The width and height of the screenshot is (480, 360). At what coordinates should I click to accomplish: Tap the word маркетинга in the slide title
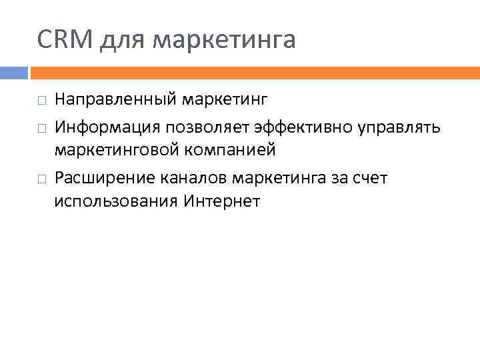click(x=224, y=41)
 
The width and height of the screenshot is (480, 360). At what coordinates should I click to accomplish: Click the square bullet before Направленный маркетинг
click(x=41, y=101)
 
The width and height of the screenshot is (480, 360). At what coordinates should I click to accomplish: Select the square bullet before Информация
click(x=41, y=126)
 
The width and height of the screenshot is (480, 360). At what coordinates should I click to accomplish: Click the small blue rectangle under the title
click(x=13, y=72)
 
